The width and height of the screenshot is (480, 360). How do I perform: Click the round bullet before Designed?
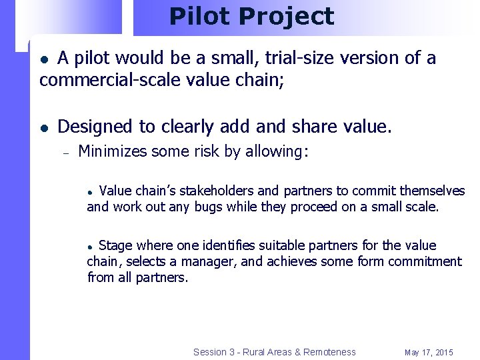43,127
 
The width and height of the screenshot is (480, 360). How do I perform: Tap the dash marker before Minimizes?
66,153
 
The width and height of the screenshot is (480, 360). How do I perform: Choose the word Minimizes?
113,152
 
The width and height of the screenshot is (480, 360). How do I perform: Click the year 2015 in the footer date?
442,352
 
